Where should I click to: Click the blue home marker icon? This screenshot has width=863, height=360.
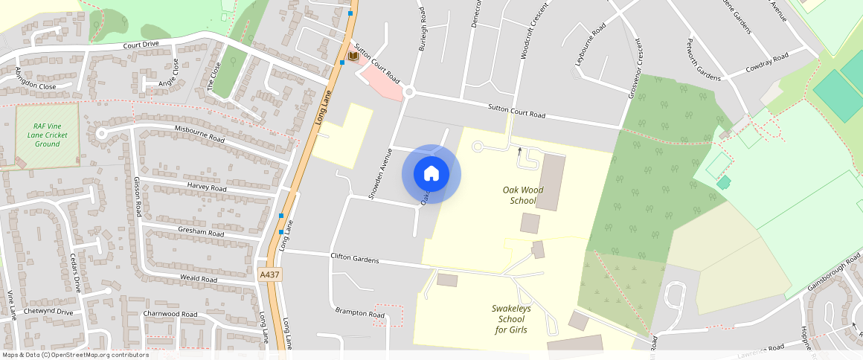click(431, 174)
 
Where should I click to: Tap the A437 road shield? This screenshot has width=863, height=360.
click(269, 275)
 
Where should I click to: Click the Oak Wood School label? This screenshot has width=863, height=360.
click(522, 195)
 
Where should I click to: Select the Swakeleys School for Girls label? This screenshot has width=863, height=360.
click(511, 318)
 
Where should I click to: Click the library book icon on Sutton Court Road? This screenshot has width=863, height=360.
click(353, 56)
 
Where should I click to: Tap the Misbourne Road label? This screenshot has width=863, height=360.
click(199, 134)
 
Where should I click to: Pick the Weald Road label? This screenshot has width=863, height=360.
click(199, 279)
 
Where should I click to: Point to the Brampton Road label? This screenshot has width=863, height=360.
click(359, 312)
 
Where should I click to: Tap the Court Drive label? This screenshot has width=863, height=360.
click(141, 45)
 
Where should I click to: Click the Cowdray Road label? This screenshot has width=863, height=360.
click(769, 59)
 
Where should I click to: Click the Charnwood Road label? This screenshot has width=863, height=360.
click(170, 314)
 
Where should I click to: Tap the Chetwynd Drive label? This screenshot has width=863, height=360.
click(48, 312)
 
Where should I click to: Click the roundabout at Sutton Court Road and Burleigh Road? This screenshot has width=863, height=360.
click(408, 92)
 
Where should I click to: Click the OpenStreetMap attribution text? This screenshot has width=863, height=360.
click(76, 355)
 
